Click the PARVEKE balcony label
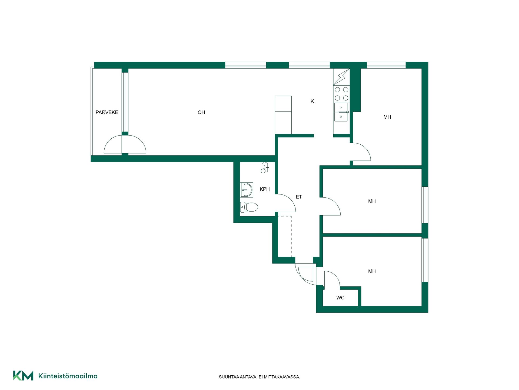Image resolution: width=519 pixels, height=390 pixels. point(107,112)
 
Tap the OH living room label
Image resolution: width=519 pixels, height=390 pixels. point(201,112)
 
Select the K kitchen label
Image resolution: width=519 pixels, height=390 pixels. point(312,101)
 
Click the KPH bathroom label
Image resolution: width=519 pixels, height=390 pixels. point(265,189)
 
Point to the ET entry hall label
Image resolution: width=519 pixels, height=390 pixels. point(299,197)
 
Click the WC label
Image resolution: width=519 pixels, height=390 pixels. point(340,298)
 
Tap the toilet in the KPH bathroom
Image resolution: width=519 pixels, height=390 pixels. point(249,207)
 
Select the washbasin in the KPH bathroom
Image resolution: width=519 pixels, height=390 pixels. point(247,190)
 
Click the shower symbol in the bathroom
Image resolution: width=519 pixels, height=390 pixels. point(265,167)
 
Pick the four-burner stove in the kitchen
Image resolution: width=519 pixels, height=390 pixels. point(341,93)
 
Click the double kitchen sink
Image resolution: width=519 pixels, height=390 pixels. point(341,112)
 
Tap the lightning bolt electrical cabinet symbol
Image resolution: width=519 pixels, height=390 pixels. point(341,77)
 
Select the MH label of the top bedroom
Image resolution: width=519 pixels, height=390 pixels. point(387,117)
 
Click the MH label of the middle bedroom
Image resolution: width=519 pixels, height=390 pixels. point(372,201)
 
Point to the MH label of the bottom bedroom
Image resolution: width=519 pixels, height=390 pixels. point(372,271)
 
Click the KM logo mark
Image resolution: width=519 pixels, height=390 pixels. point(23,376)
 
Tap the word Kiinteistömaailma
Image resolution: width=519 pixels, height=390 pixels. point(68,376)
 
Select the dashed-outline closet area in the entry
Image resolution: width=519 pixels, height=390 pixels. point(285,236)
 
